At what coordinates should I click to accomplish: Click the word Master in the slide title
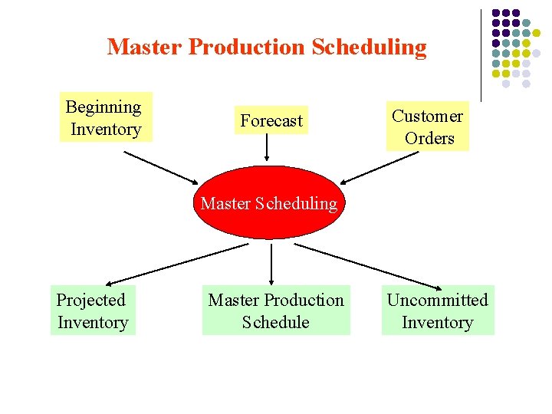[145, 48]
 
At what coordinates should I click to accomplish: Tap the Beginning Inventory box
[106, 117]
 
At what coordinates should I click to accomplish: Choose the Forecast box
[271, 120]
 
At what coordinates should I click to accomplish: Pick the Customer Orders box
[429, 127]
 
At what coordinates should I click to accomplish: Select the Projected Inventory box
[93, 310]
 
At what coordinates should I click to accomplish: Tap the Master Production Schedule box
[276, 310]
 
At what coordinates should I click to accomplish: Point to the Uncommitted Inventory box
[438, 310]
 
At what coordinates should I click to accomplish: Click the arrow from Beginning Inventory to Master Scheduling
[161, 166]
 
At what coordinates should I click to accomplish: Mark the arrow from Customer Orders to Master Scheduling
[380, 168]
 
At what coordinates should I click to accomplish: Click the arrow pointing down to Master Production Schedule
[271, 264]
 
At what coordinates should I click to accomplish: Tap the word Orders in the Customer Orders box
[429, 139]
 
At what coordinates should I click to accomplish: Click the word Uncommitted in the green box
[437, 300]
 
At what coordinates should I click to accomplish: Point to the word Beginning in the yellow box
[103, 107]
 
